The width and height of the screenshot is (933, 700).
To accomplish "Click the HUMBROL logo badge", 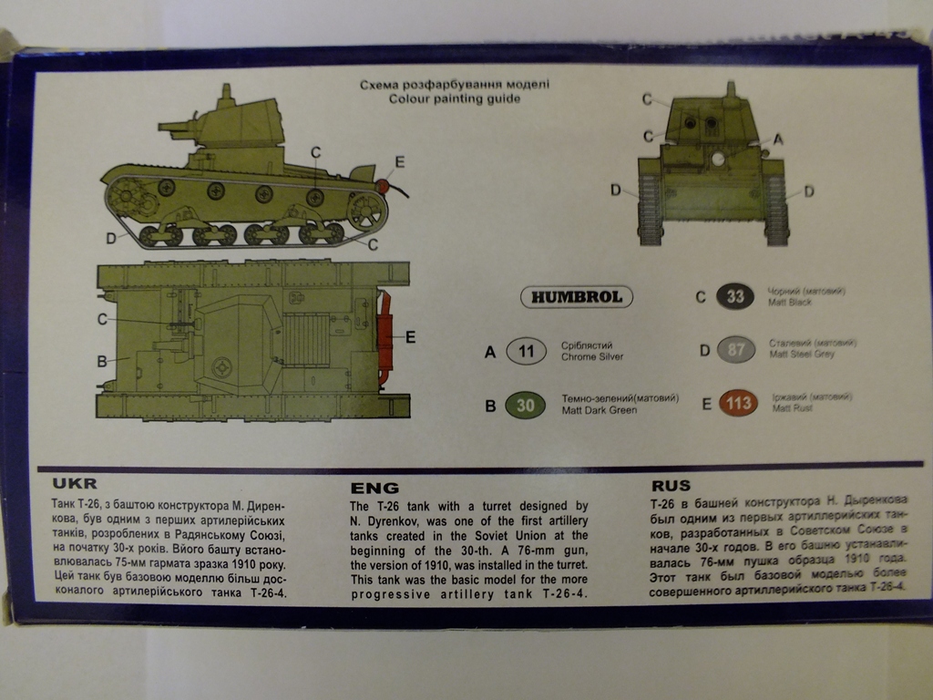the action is pyautogui.click(x=577, y=297).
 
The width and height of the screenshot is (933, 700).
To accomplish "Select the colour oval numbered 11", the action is pyautogui.click(x=526, y=351).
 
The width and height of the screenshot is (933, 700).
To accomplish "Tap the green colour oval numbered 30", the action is pyautogui.click(x=526, y=406).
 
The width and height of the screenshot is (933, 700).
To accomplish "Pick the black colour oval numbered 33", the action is pyautogui.click(x=735, y=296).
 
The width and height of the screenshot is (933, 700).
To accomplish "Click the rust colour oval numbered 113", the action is pyautogui.click(x=738, y=403).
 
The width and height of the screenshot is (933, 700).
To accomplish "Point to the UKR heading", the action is pyautogui.click(x=75, y=484).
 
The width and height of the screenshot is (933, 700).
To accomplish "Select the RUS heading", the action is pyautogui.click(x=671, y=486).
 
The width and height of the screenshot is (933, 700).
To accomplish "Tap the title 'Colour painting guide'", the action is pyautogui.click(x=455, y=98).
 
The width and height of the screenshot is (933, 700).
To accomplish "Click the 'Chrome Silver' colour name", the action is pyautogui.click(x=592, y=356).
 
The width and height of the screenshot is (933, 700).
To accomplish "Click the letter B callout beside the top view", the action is pyautogui.click(x=102, y=361).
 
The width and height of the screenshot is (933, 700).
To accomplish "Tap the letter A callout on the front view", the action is pyautogui.click(x=777, y=139).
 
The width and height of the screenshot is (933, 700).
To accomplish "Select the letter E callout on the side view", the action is pyautogui.click(x=398, y=164).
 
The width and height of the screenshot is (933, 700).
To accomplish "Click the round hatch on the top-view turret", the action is pyautogui.click(x=221, y=366).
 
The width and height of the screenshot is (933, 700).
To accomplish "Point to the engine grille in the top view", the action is pyautogui.click(x=306, y=339).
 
